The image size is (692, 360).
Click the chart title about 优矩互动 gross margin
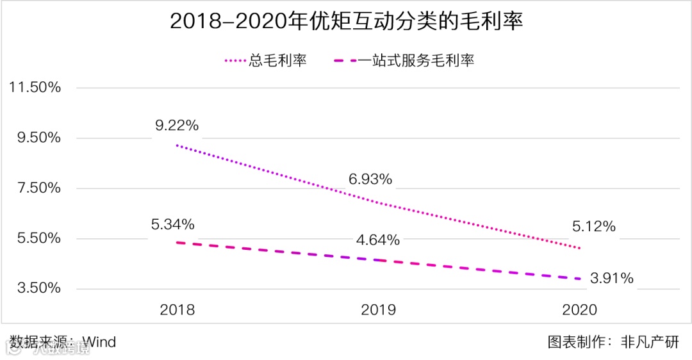click(346, 21)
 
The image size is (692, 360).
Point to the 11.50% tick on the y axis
click(35, 87)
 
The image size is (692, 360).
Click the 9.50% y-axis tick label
click(38, 138)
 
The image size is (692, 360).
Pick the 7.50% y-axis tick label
click(38, 188)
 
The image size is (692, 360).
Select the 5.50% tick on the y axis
click(38, 238)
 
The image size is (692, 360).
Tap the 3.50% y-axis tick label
click(38, 288)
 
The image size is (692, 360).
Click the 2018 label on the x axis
click(177, 310)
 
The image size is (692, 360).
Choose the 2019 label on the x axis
click(378, 310)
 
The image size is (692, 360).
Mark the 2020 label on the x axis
click(579, 310)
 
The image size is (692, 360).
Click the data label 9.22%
click(177, 126)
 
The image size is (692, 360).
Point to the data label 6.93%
click(370, 179)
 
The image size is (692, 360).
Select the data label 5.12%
click(594, 226)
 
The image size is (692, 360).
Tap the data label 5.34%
click(173, 225)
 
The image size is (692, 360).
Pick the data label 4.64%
click(378, 240)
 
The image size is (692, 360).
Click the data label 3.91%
click(612, 278)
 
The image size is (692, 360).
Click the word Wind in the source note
click(99, 341)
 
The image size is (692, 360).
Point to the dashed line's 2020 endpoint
click(579, 279)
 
